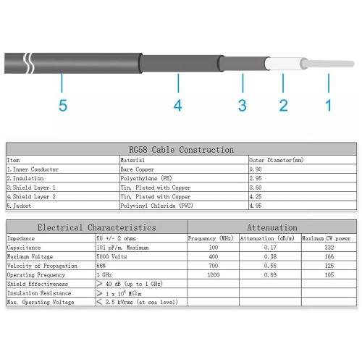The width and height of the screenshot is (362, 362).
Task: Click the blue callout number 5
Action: (63, 106)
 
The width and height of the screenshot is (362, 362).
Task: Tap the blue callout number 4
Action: (177, 106)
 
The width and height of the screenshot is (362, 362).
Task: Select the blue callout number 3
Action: (243, 106)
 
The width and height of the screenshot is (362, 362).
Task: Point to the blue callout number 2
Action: (284, 106)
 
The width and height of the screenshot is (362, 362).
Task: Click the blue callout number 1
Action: (328, 106)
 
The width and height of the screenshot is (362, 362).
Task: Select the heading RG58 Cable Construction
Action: (181, 150)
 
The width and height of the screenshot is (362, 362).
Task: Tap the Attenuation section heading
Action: (272, 227)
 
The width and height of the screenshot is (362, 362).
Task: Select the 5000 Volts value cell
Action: (112, 256)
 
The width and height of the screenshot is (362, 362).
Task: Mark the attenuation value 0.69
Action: (267, 275)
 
